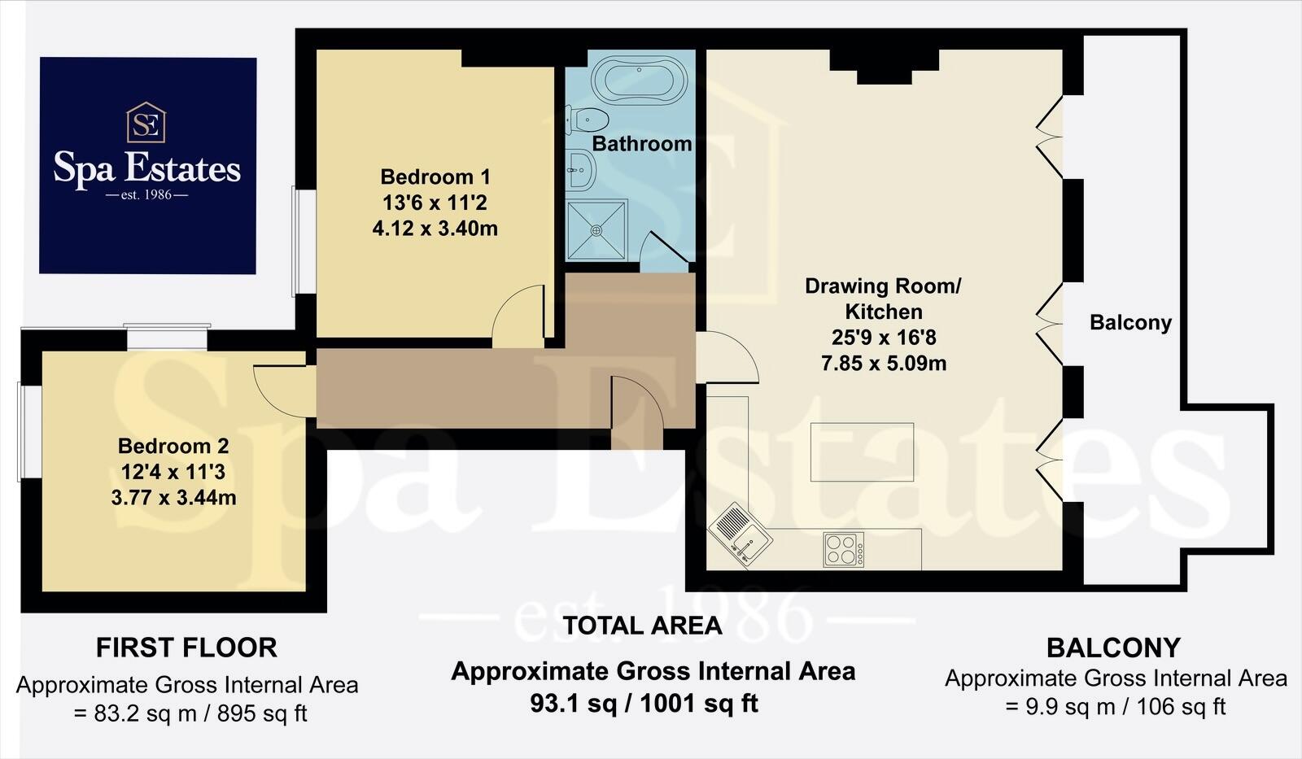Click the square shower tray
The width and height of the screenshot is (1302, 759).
tap(597, 230)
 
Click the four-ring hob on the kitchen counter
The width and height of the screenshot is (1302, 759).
tap(844, 549)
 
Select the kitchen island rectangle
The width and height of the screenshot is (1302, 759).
tap(862, 452)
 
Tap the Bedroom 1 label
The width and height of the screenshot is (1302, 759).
tap(435, 177)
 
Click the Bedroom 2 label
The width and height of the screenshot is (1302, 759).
tap(173, 446)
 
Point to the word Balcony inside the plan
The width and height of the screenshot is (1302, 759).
tap(1130, 323)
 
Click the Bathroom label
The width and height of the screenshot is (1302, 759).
tap(641, 144)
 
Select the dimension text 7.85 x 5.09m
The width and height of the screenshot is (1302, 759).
tap(884, 364)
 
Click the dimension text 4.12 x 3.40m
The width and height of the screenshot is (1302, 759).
tap(435, 229)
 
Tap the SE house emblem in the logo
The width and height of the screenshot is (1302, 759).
tap(146, 124)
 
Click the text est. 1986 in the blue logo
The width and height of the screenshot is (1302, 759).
tap(147, 195)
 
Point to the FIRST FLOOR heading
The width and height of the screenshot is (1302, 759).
tap(186, 648)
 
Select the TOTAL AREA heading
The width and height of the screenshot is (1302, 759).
tap(642, 626)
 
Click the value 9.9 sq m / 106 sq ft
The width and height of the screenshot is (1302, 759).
tap(1115, 706)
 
